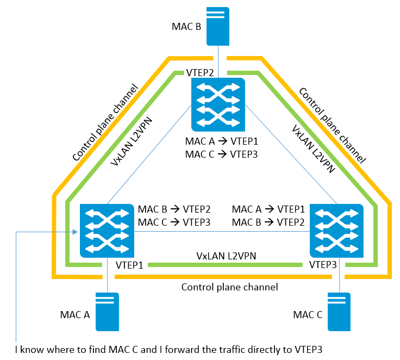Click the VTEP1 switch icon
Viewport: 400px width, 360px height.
pos(107,230)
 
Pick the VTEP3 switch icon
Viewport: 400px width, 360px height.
pos(336,230)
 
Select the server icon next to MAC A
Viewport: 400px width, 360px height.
pos(108,312)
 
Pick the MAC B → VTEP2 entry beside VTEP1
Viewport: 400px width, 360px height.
pos(174,209)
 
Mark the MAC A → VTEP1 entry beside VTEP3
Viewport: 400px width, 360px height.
pos(267,209)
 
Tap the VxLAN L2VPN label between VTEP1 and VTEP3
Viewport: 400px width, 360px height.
pos(227,255)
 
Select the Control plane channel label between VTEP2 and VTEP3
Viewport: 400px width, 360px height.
pos(332,126)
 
